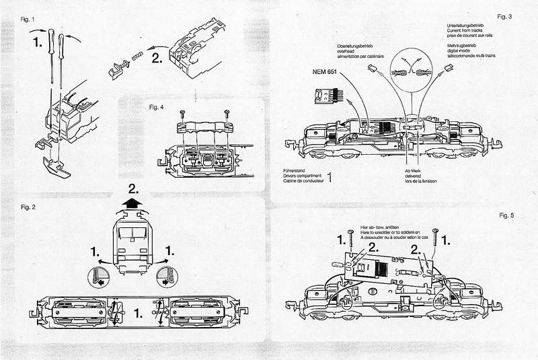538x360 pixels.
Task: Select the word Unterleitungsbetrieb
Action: click(466, 25)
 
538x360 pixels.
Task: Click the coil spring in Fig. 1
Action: click(137, 59)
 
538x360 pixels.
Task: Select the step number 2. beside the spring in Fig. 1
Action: click(159, 57)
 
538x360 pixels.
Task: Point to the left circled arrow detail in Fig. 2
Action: click(98, 277)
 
